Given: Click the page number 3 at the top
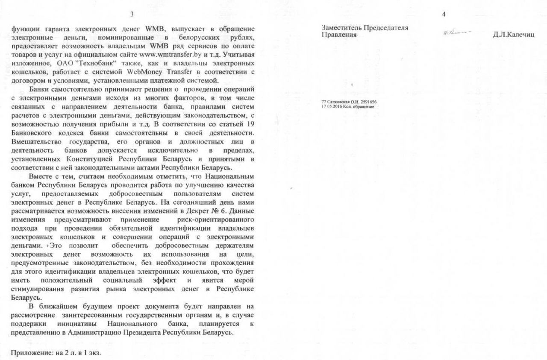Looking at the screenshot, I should pos(132,14).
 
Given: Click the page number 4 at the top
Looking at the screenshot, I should pos(444,14).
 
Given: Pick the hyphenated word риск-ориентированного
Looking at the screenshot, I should pos(218,220).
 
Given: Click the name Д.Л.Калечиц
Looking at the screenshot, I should pos(513,35).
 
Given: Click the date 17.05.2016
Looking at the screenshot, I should pos(331,106).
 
